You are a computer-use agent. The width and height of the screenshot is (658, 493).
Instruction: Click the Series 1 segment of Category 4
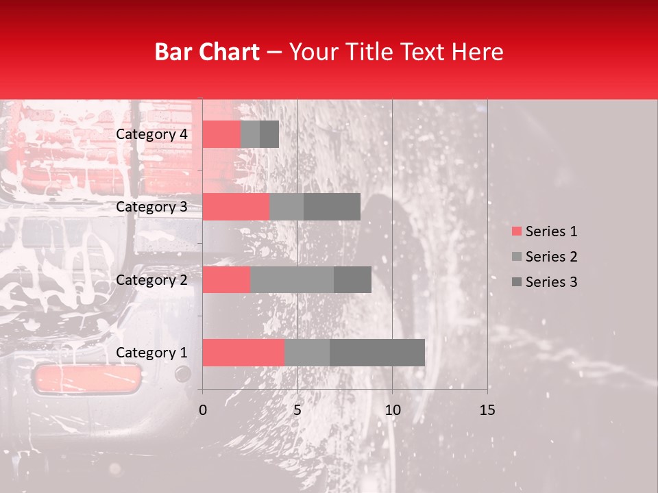221,134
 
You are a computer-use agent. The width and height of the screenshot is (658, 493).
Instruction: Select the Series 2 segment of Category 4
250,134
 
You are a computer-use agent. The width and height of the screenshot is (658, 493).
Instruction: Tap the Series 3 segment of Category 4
269,134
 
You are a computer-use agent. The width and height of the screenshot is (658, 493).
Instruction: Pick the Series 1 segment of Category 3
236,207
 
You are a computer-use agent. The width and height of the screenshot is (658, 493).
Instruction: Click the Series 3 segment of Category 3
332,207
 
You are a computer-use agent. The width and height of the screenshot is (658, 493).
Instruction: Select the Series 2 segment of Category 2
292,279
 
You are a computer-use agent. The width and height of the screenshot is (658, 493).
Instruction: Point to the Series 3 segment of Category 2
352,279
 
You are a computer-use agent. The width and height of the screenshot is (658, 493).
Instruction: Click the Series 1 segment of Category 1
243,353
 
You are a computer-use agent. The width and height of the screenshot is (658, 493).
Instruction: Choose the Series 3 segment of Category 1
377,353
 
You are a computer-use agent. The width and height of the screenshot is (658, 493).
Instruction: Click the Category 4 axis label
151,134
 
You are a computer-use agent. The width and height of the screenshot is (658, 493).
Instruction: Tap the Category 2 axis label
151,279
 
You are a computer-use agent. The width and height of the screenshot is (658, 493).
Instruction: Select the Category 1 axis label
151,353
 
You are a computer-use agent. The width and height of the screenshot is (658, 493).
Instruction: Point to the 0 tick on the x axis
203,410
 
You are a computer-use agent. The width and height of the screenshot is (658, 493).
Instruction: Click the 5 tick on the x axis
297,410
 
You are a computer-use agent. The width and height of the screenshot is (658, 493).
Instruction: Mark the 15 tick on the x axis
487,410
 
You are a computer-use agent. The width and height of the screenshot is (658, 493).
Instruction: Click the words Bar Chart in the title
207,52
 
